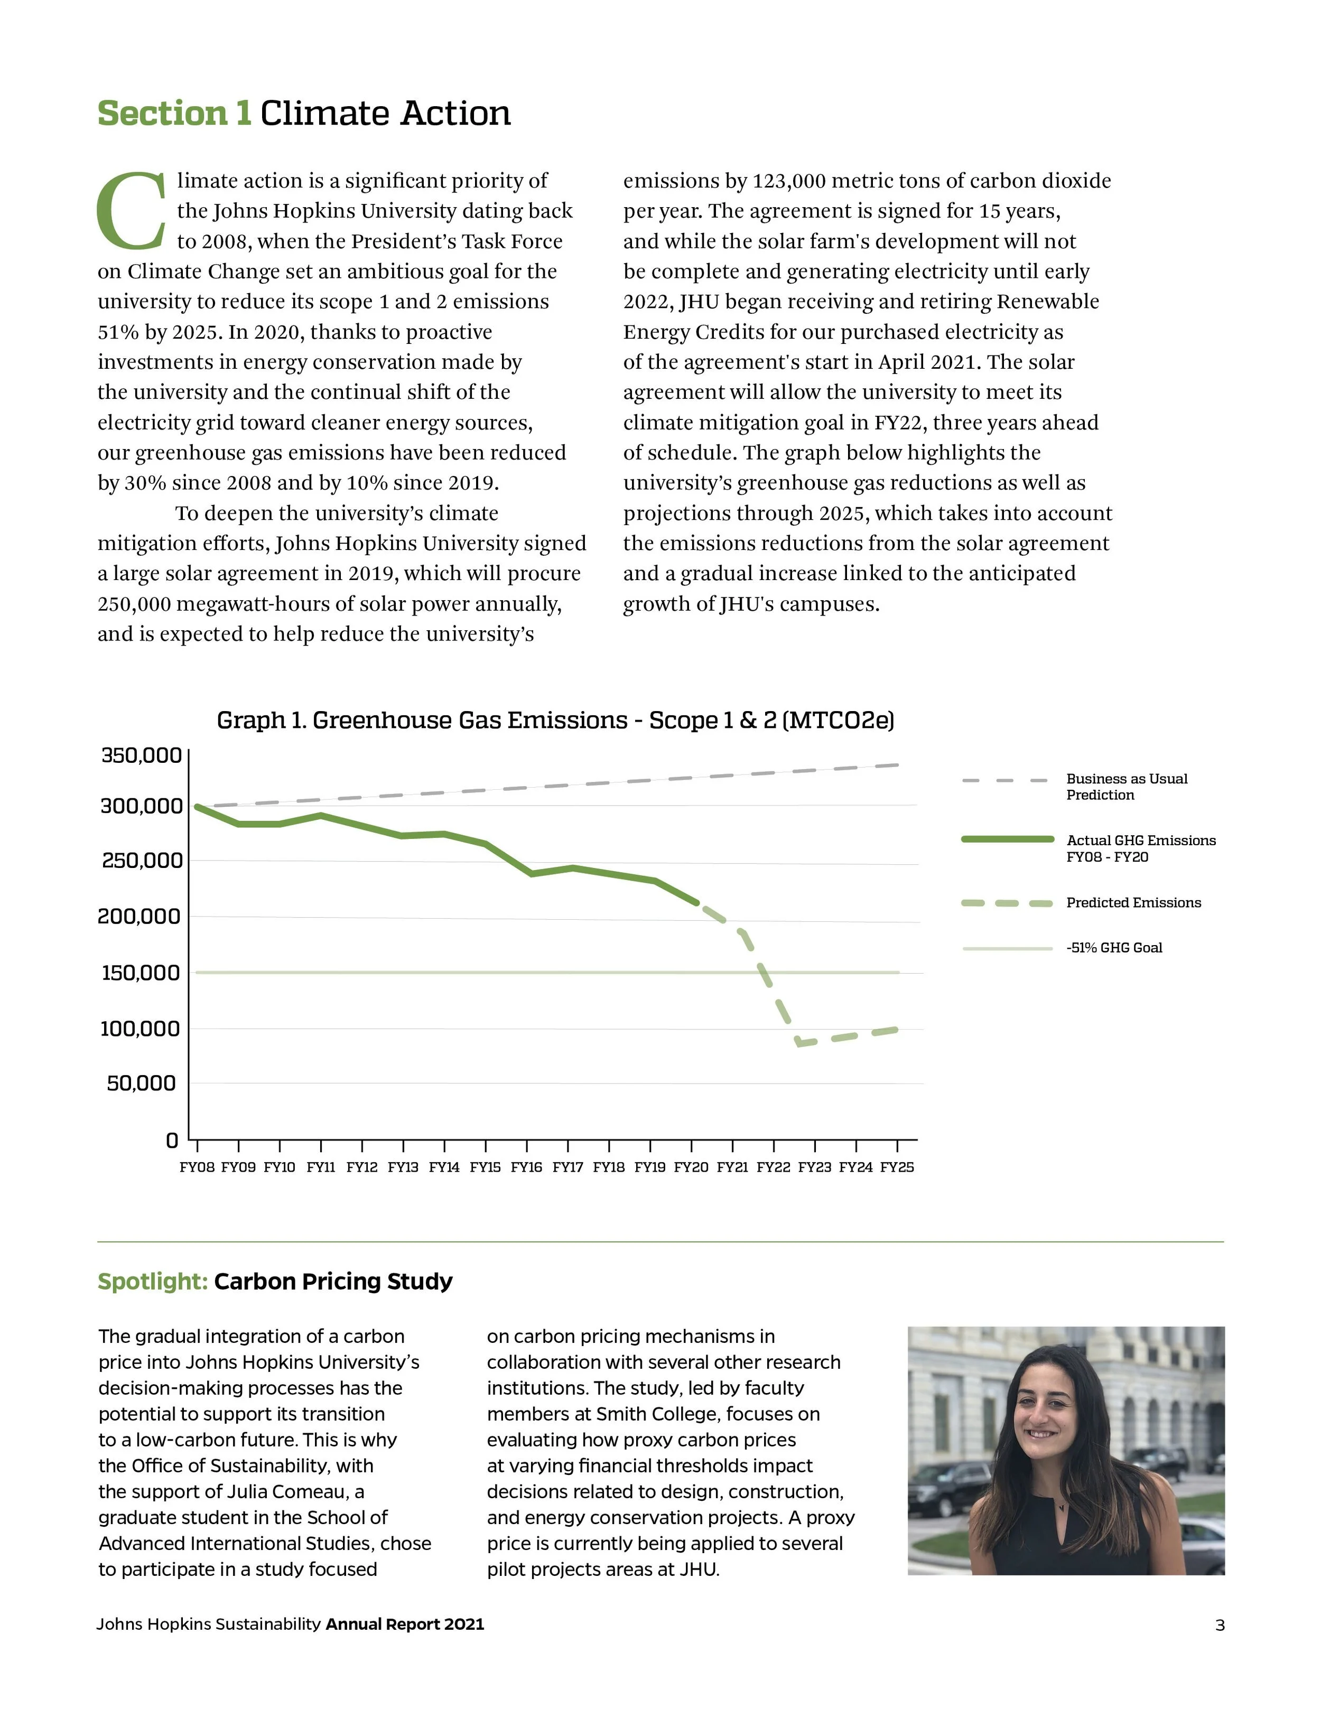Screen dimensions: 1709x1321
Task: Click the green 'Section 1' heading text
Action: tap(174, 114)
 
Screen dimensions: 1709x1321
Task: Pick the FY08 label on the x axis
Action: tap(197, 1168)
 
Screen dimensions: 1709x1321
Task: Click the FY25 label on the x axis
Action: tap(897, 1168)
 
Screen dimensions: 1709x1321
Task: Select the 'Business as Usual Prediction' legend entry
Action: tap(1126, 787)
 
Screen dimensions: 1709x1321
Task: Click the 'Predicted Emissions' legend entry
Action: tap(1132, 902)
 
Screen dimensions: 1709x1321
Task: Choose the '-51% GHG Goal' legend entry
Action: tap(1114, 948)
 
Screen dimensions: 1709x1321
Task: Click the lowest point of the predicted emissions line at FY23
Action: tap(800, 1043)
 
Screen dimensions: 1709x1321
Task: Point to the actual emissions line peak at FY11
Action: tap(321, 815)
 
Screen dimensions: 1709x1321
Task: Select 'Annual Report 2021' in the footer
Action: tap(405, 1624)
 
